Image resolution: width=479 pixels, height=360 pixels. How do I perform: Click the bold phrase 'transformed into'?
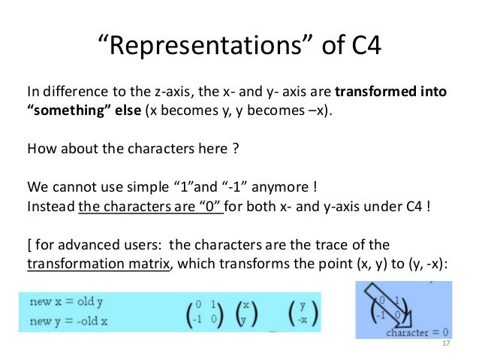(390, 94)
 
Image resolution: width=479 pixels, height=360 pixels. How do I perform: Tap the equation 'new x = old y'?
(68, 302)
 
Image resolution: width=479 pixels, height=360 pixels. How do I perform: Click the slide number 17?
(447, 344)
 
